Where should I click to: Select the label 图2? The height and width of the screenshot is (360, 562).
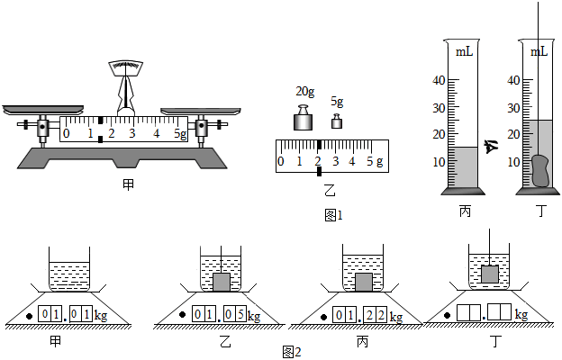coord(289,351)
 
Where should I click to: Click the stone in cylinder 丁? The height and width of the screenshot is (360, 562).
coord(540,171)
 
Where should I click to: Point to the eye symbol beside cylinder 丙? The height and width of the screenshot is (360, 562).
coord(492,147)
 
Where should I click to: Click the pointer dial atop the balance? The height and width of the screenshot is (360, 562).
coord(130,67)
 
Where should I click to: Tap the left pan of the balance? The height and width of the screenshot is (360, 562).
coord(33,110)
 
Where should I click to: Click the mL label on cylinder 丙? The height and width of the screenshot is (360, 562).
coord(465,52)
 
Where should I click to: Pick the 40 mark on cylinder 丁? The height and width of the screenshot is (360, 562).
coord(513,80)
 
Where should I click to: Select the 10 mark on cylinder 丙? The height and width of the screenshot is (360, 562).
coord(440,162)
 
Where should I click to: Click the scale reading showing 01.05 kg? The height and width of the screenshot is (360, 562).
coord(219,316)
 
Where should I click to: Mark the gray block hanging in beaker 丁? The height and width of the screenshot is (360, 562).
coord(489,273)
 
